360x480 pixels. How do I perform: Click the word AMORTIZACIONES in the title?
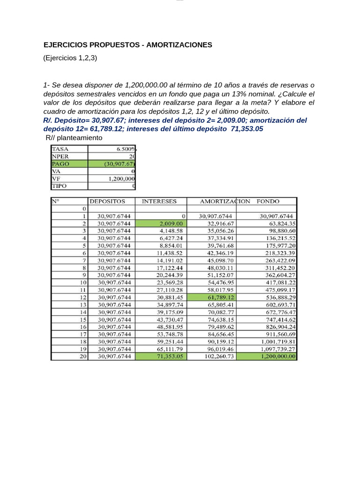point(179,45)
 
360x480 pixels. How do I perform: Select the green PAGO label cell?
point(69,164)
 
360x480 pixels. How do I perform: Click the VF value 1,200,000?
point(121,179)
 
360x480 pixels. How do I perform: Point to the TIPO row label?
point(60,186)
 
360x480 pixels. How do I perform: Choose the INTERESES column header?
point(159,202)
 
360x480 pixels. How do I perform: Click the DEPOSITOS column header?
point(107,202)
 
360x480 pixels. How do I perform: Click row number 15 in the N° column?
point(83,319)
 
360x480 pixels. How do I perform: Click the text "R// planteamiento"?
point(74,138)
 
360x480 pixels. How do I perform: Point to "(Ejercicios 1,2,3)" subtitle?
point(70,58)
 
